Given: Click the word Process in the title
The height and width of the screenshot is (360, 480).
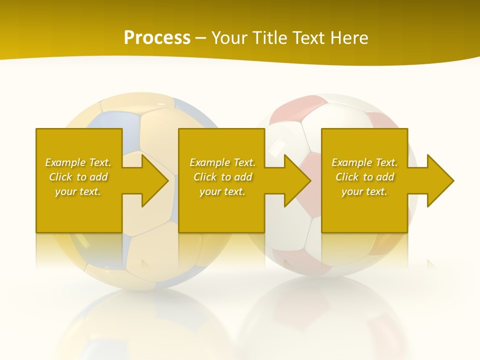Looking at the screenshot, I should pyautogui.click(x=157, y=37).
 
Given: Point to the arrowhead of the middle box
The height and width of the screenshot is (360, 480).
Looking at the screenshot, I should pyautogui.click(x=296, y=180).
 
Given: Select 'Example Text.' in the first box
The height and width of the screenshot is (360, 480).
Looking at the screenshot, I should pyautogui.click(x=78, y=162).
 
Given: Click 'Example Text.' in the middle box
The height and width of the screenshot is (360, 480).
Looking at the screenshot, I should pyautogui.click(x=222, y=162).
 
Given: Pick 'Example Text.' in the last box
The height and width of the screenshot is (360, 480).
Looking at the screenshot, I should pyautogui.click(x=364, y=162).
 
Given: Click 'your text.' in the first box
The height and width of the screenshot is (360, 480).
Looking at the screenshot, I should pyautogui.click(x=78, y=191).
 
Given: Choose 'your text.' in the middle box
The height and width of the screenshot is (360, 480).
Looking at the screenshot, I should pyautogui.click(x=222, y=191).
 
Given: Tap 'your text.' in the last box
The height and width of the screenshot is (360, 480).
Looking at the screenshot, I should pyautogui.click(x=364, y=191).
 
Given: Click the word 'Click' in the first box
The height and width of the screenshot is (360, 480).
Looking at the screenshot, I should pyautogui.click(x=60, y=177).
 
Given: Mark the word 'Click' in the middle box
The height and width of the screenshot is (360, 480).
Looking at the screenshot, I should pyautogui.click(x=205, y=177).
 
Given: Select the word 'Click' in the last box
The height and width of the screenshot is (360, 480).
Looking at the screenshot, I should pyautogui.click(x=347, y=177).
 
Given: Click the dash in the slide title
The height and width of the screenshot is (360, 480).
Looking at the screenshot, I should pyautogui.click(x=201, y=38).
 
